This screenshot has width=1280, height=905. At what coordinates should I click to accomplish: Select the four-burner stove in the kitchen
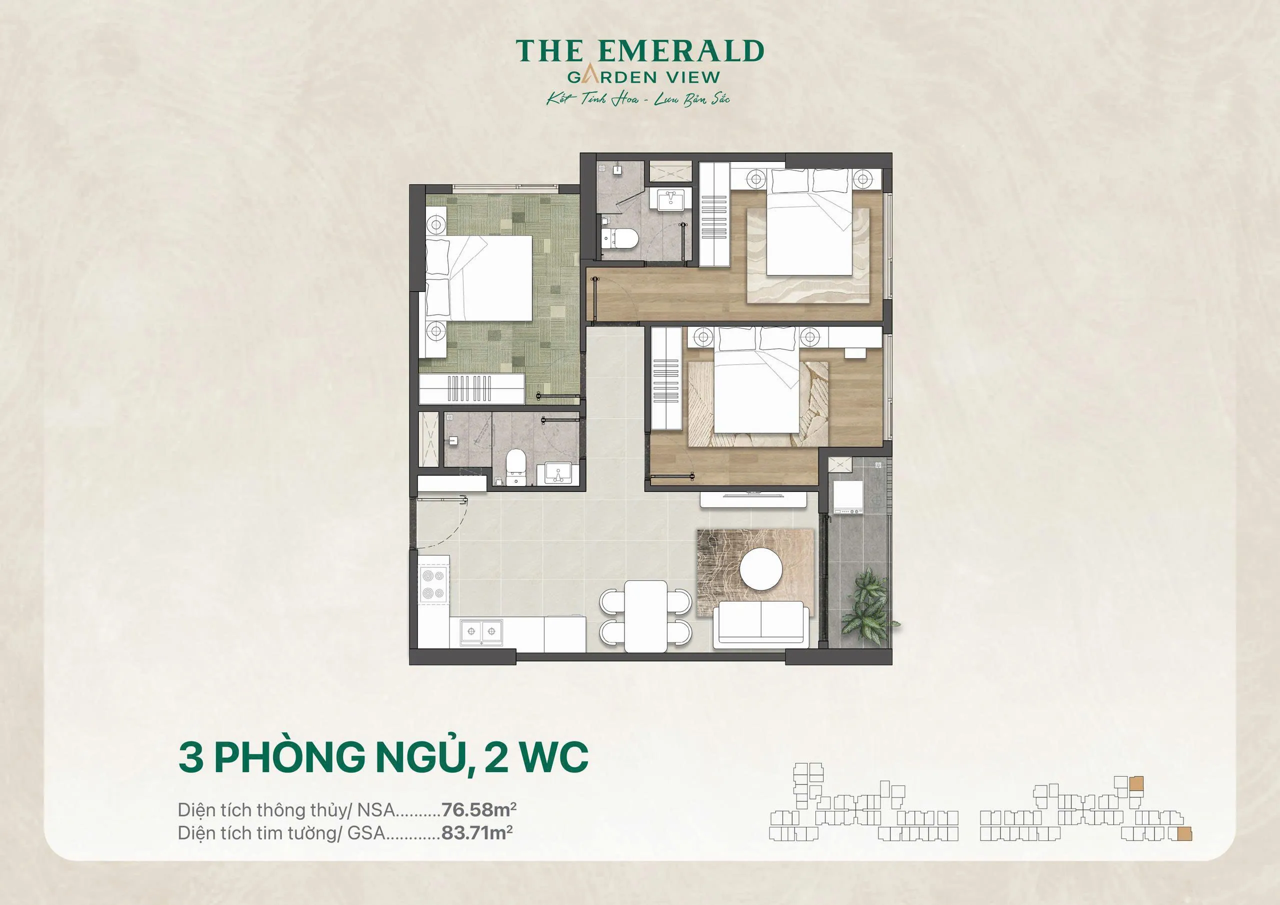433,584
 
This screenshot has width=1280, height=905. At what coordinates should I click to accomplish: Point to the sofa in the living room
761,624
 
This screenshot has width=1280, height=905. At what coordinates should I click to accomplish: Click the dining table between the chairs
645,615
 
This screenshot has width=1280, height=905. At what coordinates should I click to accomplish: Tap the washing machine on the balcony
848,496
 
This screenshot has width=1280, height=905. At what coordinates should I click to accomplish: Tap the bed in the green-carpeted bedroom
479,277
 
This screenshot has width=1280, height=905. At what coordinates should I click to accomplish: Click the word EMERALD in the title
680,51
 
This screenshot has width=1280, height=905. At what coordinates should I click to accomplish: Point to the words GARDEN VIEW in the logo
643,77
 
